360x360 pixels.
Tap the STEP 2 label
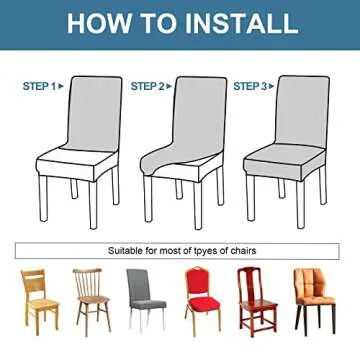tap(147, 87)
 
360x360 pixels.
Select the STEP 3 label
tap(250, 87)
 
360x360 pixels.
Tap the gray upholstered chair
tap(145, 296)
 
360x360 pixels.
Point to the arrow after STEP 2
tap(169, 87)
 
